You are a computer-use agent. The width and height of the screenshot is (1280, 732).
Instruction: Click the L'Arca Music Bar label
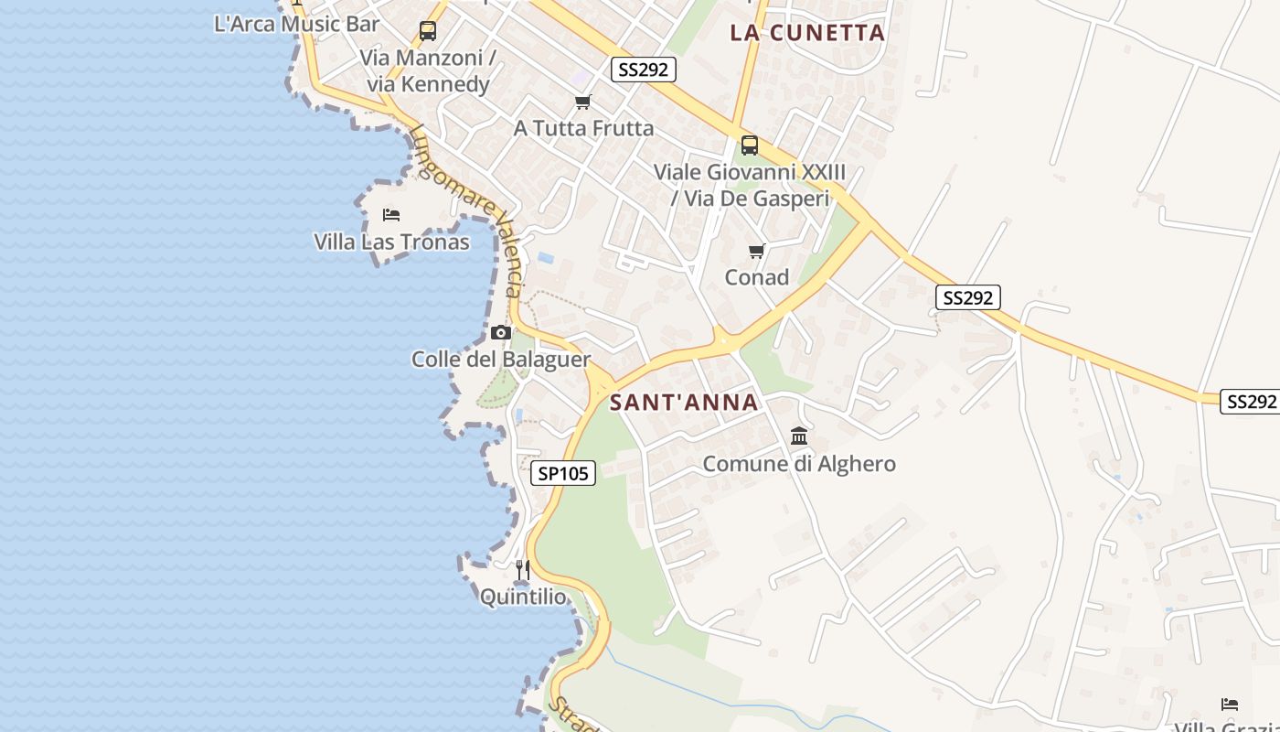tap(296, 24)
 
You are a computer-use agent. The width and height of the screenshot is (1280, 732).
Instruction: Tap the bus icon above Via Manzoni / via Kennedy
tap(428, 31)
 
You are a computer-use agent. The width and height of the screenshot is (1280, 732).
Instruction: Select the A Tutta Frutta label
tap(583, 128)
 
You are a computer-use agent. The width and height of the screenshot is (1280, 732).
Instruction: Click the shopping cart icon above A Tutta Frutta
tap(583, 102)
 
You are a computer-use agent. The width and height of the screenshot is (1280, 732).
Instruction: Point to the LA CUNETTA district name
tap(807, 33)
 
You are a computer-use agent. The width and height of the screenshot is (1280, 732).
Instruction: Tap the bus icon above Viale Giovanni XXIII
tap(750, 145)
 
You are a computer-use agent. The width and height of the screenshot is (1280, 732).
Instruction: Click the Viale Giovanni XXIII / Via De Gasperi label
tap(750, 185)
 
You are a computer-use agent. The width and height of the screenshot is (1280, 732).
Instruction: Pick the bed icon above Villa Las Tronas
tap(391, 215)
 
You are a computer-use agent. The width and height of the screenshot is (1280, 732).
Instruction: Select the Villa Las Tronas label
tap(391, 242)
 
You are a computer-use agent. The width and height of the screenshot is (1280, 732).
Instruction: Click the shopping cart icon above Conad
tap(756, 251)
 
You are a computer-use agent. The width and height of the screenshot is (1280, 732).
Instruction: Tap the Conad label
tap(756, 277)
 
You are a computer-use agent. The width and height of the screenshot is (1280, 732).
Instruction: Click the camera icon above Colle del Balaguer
tap(501, 332)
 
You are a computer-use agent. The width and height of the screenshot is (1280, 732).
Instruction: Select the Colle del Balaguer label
tap(501, 359)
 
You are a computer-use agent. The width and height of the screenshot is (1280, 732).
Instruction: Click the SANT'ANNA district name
tap(684, 403)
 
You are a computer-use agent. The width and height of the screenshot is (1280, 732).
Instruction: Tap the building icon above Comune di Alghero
tap(799, 436)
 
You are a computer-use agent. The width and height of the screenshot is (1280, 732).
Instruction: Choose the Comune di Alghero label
tap(799, 464)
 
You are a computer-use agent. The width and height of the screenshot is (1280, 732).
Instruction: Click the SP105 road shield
tap(563, 473)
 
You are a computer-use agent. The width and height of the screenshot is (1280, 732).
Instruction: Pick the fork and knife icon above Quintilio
tap(523, 571)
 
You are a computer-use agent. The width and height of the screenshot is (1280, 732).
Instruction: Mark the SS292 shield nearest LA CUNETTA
tap(644, 70)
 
